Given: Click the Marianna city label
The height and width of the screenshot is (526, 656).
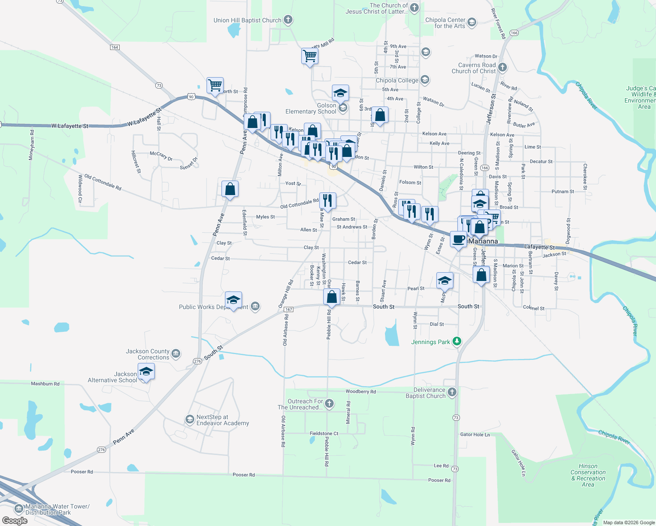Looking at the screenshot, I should click(483, 242).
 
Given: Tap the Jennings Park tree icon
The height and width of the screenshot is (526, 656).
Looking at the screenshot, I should click(457, 341).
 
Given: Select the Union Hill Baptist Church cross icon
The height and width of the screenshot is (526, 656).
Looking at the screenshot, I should click(288, 20).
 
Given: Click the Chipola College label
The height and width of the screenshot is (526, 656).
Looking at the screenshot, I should click(397, 81).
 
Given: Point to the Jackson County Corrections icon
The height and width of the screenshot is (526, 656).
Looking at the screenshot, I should click(176, 353).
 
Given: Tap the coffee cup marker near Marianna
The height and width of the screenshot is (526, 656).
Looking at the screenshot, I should click(458, 240).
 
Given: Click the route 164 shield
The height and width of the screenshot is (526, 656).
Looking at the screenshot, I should click(114, 47).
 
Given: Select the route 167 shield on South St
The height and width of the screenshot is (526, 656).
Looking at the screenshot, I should click(288, 309).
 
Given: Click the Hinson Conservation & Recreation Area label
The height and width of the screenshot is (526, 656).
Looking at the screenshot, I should click(588, 475).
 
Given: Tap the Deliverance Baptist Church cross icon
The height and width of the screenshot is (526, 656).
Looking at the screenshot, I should click(452, 392).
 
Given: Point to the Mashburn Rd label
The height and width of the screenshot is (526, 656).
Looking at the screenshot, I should click(45, 384).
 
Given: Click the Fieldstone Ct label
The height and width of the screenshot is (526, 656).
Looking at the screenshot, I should click(324, 434).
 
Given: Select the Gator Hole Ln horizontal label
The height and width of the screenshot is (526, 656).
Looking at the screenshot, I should click(475, 434).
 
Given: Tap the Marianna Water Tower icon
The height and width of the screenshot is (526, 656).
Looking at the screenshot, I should click(18, 509).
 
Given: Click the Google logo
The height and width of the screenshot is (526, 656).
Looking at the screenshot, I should click(15, 521).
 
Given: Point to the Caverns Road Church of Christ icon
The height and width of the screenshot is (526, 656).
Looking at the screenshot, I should click(503, 68).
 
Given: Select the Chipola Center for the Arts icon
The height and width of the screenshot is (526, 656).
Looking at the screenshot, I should click(471, 22).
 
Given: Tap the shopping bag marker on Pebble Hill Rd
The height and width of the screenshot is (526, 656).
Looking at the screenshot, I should click(332, 297).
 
